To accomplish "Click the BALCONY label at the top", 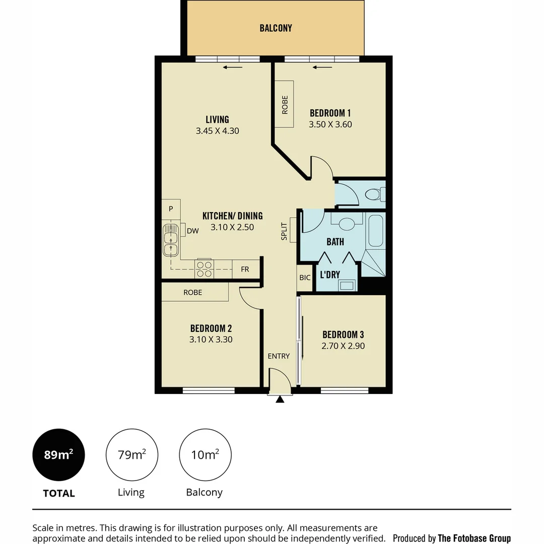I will pos(276,28).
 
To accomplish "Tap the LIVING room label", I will pos(217,119).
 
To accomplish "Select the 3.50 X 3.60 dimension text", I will pos(329,124).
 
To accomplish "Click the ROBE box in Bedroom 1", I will pos(285,105).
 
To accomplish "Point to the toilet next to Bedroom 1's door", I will pos(375,194).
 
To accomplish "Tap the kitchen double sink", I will pos(171,241).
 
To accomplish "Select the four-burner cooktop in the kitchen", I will pos(204,269).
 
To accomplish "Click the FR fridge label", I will pos(245,269).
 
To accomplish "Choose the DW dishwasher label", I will pos(192,231).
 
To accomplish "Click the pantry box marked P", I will pos(171,209).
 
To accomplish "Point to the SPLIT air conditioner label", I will pos(285,231).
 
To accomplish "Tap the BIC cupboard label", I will pos(305,278).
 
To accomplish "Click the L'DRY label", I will pos(330,275).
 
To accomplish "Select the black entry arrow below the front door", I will pos(280,399).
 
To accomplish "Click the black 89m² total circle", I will pos(58,455).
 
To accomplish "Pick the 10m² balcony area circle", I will pos(205,455).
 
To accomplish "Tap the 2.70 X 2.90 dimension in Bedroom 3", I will pos(343,346).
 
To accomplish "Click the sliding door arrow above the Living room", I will pos(233,67).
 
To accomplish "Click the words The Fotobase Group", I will pos(474,538).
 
